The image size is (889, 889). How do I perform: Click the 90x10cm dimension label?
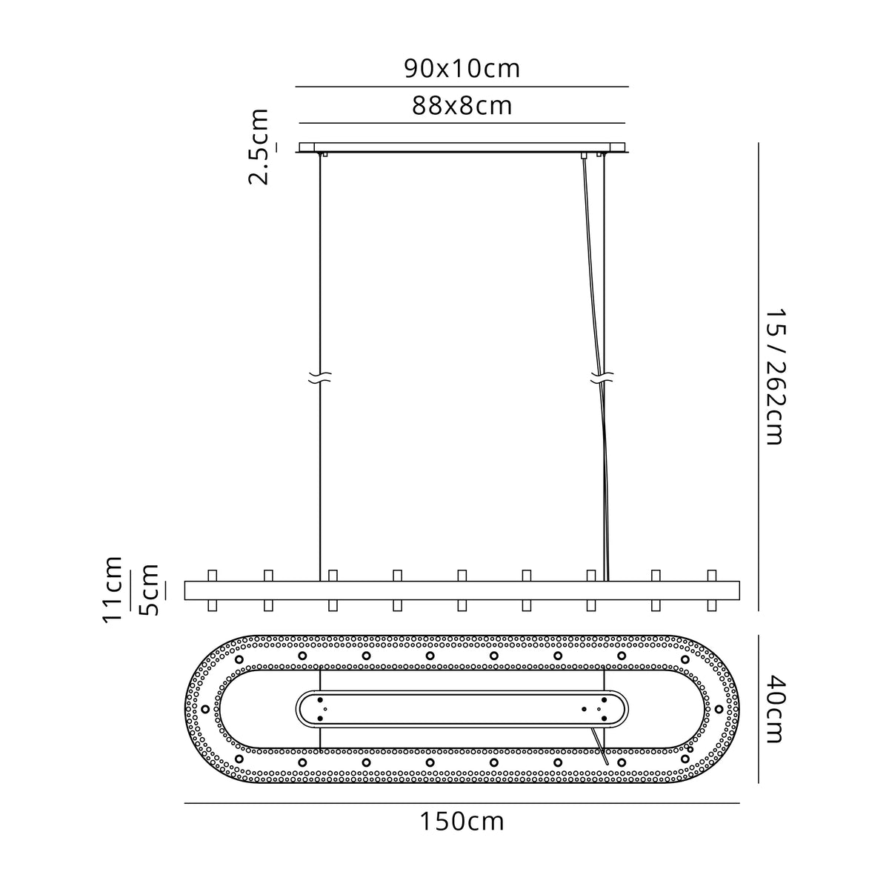(462, 69)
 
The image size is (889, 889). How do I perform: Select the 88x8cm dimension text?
(462, 106)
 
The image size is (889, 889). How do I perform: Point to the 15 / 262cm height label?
(775, 377)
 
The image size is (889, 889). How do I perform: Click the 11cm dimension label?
(113, 590)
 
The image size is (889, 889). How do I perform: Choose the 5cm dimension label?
(149, 590)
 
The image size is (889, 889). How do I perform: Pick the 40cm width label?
(775, 709)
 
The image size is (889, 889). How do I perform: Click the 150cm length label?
(462, 822)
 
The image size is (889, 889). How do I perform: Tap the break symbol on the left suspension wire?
(320, 378)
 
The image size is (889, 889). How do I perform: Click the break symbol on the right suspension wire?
(602, 378)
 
